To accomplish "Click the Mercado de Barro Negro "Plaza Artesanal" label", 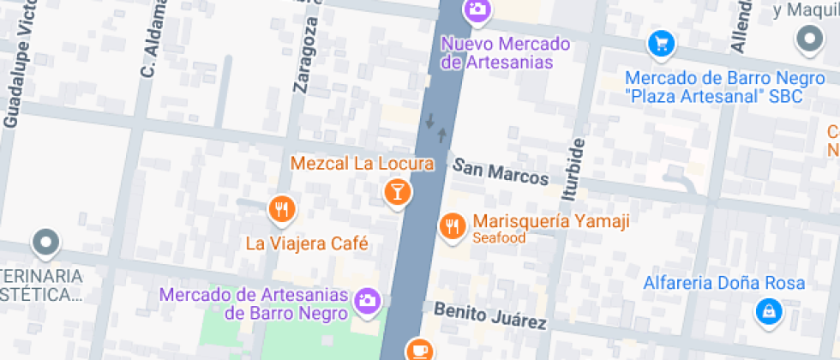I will [713, 87].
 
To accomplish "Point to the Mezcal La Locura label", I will [362, 163].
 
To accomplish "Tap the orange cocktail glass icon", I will [397, 191].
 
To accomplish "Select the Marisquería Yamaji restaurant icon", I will [451, 225].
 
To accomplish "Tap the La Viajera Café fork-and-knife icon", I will [281, 208].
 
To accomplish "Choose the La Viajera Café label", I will [307, 243].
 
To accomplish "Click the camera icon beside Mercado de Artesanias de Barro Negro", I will [367, 300].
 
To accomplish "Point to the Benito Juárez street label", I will [489, 315].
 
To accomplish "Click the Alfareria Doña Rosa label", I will [724, 284].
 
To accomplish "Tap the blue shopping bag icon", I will [769, 311].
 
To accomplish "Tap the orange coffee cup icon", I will [418, 350].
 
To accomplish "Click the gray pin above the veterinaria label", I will [45, 243].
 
